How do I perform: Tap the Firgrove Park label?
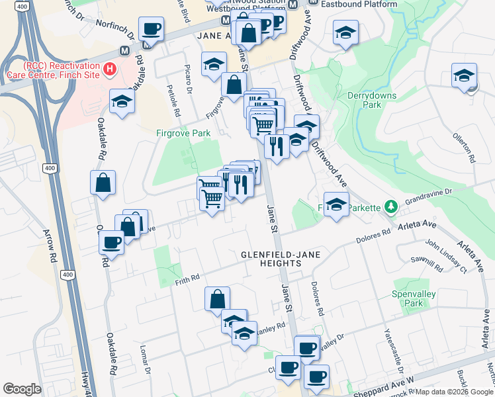point(183,133)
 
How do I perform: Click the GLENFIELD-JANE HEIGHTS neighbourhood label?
point(271,258)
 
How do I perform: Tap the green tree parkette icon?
point(391,207)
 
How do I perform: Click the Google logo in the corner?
point(22,389)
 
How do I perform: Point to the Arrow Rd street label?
point(52,244)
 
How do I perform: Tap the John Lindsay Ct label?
point(446,256)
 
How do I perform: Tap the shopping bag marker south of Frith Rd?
point(217,300)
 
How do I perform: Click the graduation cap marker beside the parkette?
point(336,204)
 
